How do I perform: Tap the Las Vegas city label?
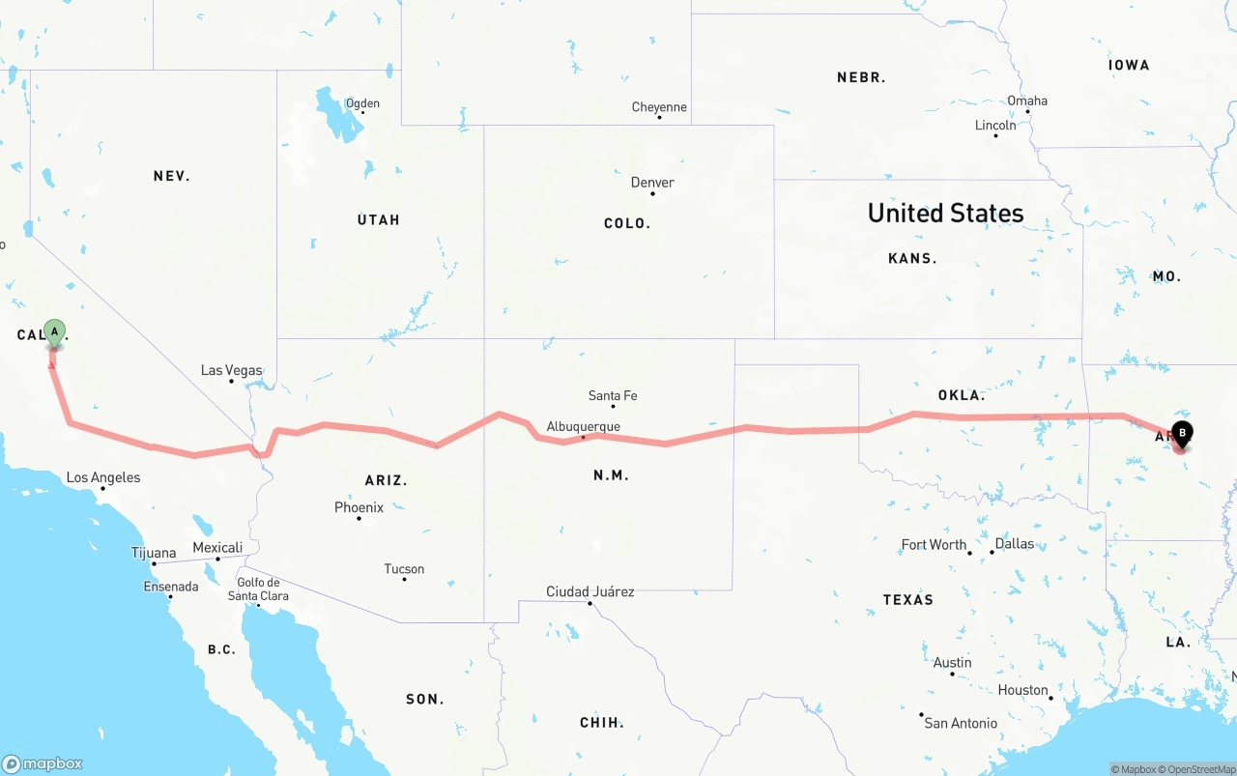pos(231,370)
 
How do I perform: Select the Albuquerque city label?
pos(583,426)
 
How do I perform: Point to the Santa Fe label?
pos(613,395)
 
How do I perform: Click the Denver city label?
pos(652,183)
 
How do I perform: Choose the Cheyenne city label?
pos(659,107)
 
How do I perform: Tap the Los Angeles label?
pos(102,477)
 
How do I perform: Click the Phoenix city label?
pos(359,507)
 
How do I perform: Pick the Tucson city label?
pos(404,569)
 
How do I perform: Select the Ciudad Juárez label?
pos(590,591)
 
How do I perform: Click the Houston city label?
pos(1022,690)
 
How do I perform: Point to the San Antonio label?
pos(961,723)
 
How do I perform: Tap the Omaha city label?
pos(1026,101)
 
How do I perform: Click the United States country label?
pos(945,214)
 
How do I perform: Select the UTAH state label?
pos(378,220)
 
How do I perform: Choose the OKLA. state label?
pos(961,395)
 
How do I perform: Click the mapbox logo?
pos(43,763)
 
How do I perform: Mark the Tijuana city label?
pos(154,554)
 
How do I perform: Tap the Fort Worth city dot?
pos(970,552)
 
